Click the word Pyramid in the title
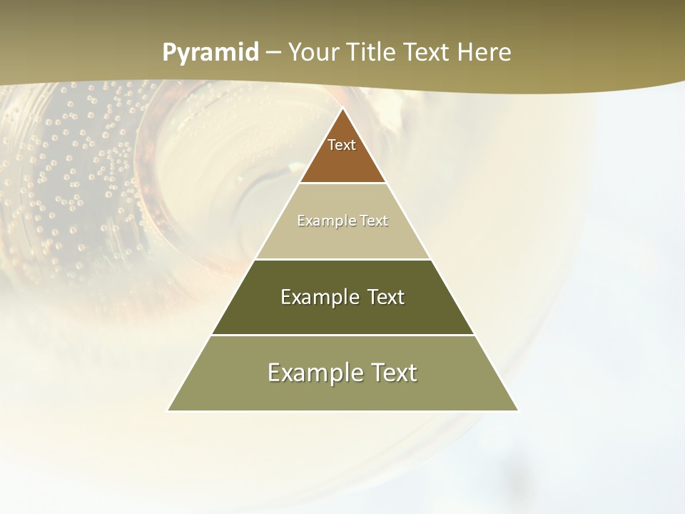click(x=210, y=53)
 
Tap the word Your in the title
click(x=312, y=52)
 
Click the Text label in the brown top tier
click(x=342, y=145)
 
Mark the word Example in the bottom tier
click(x=315, y=373)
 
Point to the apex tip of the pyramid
click(x=342, y=109)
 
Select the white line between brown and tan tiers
click(x=342, y=183)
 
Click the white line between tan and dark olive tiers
click(x=342, y=259)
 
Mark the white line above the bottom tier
click(x=342, y=335)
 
